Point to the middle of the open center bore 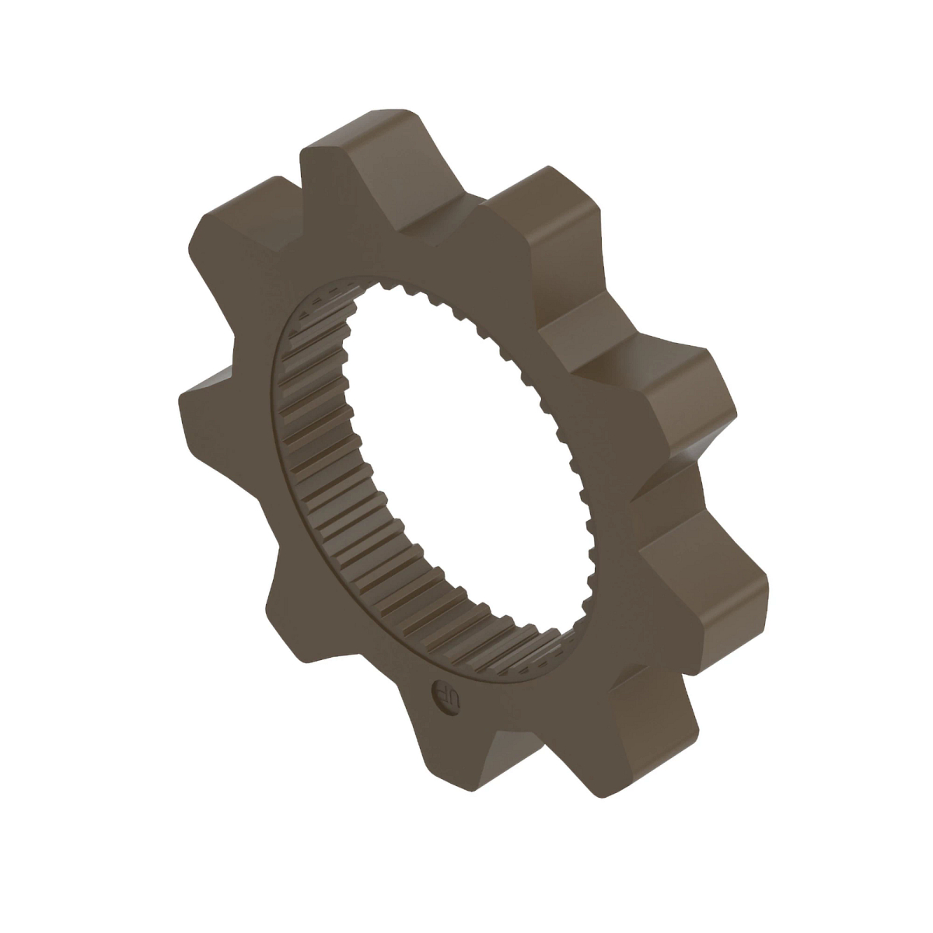(x=459, y=459)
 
